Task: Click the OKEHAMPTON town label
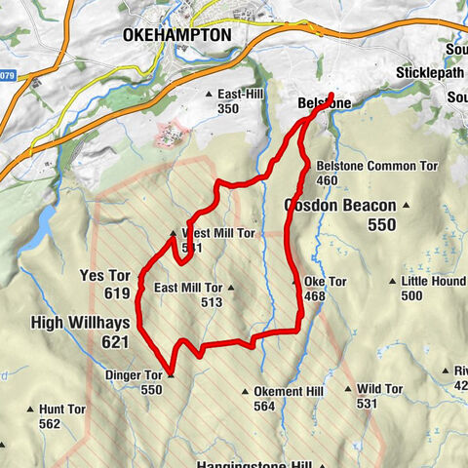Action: click(x=177, y=35)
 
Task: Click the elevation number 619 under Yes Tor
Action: click(x=116, y=293)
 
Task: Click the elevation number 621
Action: click(x=115, y=341)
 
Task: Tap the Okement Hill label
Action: click(x=288, y=391)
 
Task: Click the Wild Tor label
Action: click(x=379, y=388)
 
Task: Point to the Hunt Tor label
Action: click(x=63, y=409)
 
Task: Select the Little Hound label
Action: click(x=434, y=282)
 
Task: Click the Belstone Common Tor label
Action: click(x=376, y=167)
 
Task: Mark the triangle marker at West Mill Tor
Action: click(x=174, y=234)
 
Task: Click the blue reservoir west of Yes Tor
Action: click(x=43, y=228)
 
